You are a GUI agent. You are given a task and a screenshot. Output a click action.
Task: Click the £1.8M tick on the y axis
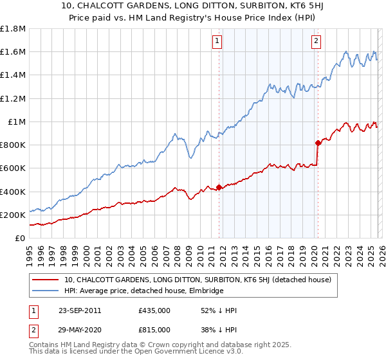coord(13,29)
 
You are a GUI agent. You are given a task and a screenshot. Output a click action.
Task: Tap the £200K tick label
coord(13,215)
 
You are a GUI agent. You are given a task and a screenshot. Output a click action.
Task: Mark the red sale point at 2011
coord(219,187)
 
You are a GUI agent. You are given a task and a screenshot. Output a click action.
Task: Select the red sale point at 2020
coord(317,143)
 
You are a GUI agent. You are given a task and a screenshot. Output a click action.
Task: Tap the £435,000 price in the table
coord(154,310)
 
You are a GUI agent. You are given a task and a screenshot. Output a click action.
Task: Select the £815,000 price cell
coord(154,329)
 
